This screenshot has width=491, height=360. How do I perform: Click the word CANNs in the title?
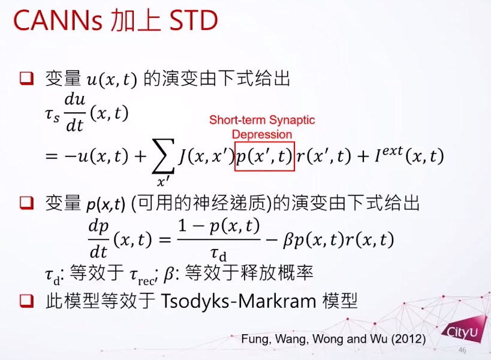click(58, 20)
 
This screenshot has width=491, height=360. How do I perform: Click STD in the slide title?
click(193, 20)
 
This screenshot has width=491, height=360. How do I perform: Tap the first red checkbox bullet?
click(26, 79)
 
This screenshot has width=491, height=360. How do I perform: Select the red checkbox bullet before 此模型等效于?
click(26, 301)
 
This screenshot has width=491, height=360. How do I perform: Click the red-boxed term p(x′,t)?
click(264, 157)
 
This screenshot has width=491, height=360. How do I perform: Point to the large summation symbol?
click(163, 156)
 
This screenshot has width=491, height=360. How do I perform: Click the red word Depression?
click(262, 134)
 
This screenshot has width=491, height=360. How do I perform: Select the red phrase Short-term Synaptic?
click(262, 120)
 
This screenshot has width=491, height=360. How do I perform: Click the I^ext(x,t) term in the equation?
click(409, 155)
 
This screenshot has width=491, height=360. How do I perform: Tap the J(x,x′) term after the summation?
click(206, 156)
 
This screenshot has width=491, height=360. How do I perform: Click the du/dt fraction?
click(75, 113)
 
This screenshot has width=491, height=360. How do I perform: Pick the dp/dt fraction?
click(98, 239)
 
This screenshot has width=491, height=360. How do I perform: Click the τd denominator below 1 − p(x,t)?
click(218, 254)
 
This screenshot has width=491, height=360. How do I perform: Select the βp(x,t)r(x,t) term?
click(338, 240)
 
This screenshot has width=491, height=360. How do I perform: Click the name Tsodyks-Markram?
click(239, 301)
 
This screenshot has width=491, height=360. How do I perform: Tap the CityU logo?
click(463, 331)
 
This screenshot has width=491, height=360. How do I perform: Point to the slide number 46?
click(462, 350)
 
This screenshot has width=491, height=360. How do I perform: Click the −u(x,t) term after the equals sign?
click(97, 156)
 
